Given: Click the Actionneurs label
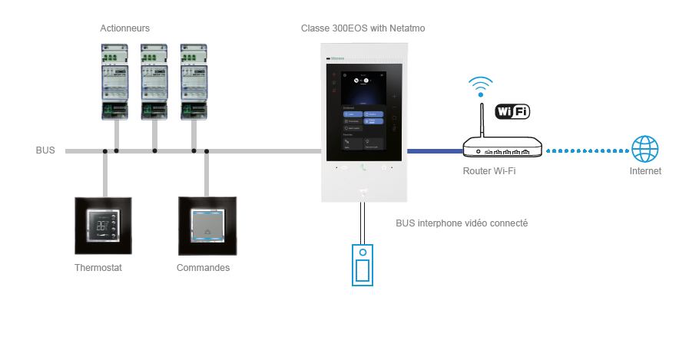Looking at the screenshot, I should (x=124, y=28).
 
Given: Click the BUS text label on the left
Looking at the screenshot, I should (x=45, y=150).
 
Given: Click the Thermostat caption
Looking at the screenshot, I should (x=98, y=268).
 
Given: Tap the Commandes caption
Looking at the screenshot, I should (x=203, y=268).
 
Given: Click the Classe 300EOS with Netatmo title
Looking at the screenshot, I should (x=363, y=28).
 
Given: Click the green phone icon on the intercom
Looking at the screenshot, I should (x=363, y=167).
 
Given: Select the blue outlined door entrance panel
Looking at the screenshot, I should (x=363, y=265).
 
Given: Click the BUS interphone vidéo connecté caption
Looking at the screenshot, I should (x=461, y=223).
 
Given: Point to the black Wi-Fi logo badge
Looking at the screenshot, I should (x=512, y=112).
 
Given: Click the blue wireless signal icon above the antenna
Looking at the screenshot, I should (x=482, y=84).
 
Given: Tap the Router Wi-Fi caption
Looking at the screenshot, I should (x=489, y=171).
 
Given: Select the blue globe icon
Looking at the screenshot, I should (x=644, y=148).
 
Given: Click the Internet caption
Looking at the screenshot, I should (x=644, y=171).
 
